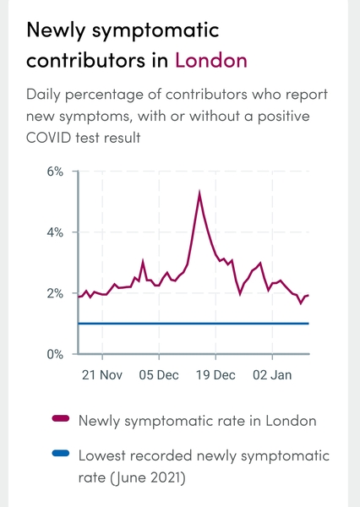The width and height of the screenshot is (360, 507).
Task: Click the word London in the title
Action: tap(211, 61)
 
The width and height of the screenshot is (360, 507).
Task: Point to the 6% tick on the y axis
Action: tap(54, 172)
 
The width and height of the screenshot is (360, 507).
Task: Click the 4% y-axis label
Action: tap(54, 232)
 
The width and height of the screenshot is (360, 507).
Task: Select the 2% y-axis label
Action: tap(54, 294)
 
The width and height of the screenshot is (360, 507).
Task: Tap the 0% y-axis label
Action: tap(54, 355)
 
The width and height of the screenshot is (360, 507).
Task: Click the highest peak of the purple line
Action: tap(199, 194)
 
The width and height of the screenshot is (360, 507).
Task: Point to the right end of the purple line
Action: tap(308, 295)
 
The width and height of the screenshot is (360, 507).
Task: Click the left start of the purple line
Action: tap(79, 297)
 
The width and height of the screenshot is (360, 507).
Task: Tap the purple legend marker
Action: tap(60, 418)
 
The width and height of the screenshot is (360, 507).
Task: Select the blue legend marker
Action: tap(60, 455)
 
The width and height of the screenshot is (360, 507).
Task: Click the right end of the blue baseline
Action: tap(308, 324)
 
